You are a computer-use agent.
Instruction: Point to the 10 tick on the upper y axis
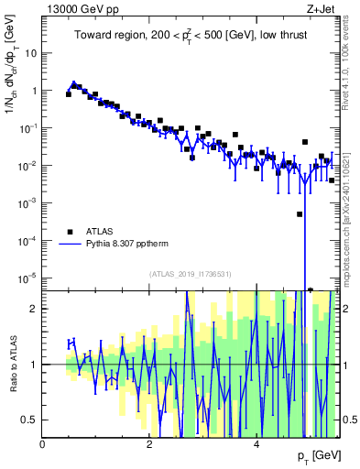(32, 53)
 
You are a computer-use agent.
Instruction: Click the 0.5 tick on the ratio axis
(30, 420)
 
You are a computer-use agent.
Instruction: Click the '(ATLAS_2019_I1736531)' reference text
(191, 274)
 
